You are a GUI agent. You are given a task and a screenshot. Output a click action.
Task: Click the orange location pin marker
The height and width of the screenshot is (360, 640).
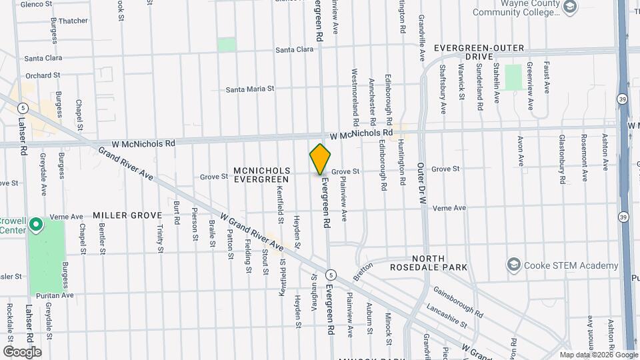(x=320, y=159)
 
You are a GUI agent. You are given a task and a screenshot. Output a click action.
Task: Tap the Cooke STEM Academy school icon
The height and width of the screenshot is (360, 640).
(x=513, y=265)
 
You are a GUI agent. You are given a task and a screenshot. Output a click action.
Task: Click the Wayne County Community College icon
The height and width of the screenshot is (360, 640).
(x=570, y=7)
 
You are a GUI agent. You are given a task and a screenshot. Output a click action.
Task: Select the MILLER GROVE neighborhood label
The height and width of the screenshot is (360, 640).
(x=127, y=215)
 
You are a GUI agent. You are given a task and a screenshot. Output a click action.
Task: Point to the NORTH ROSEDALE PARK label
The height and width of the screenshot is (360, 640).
(x=439, y=263)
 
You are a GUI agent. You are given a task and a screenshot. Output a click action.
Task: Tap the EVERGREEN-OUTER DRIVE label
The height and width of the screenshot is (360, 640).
(x=479, y=53)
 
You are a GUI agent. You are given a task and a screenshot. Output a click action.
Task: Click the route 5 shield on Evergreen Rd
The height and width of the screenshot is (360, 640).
(x=330, y=275)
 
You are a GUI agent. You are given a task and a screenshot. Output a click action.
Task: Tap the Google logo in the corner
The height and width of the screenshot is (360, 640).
(x=22, y=351)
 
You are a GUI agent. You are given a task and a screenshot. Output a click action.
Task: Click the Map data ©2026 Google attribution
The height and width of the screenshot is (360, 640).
(x=598, y=355)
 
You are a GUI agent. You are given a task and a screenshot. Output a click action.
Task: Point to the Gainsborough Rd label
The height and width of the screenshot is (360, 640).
(x=457, y=301)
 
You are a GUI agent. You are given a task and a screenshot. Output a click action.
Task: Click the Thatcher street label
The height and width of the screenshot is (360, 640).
(x=73, y=21)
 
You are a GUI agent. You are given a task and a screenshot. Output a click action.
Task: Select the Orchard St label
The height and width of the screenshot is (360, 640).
(x=43, y=75)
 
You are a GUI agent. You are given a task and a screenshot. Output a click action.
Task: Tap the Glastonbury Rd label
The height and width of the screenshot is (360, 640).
(x=563, y=159)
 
